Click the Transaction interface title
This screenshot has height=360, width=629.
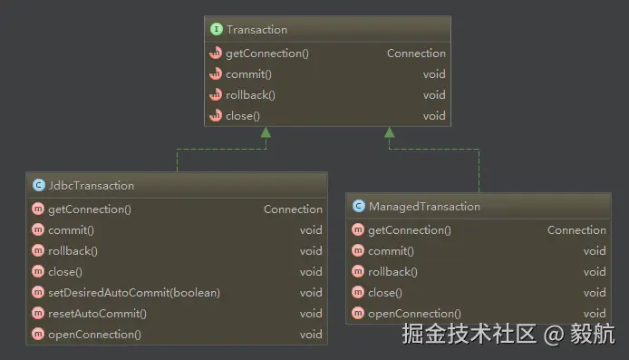click(x=256, y=30)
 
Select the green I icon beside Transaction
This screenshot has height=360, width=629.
click(x=217, y=29)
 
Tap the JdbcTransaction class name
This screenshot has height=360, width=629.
click(x=91, y=185)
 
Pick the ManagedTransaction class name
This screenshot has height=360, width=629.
click(x=424, y=206)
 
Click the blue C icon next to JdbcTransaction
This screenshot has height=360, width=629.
click(x=38, y=185)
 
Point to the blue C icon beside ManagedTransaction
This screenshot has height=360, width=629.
click(x=359, y=206)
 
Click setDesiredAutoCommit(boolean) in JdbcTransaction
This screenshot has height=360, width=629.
click(x=134, y=293)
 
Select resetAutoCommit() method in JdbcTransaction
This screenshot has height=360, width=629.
click(x=97, y=314)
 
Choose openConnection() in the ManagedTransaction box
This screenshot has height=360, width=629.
click(x=414, y=314)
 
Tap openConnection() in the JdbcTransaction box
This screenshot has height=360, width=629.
click(x=94, y=335)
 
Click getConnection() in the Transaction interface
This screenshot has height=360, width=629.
click(x=267, y=54)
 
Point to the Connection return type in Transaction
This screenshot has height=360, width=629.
click(x=416, y=54)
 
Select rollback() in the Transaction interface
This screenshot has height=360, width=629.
click(x=250, y=95)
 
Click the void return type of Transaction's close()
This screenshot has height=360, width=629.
click(x=434, y=116)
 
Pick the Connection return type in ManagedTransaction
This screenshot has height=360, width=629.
click(x=576, y=230)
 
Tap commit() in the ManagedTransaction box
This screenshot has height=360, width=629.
click(x=391, y=251)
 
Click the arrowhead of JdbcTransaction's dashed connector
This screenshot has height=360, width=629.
click(x=266, y=132)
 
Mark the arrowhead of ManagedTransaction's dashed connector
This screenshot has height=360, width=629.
click(x=389, y=132)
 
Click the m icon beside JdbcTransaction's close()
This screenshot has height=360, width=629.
click(x=38, y=271)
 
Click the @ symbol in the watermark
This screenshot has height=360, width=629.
click(x=554, y=335)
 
